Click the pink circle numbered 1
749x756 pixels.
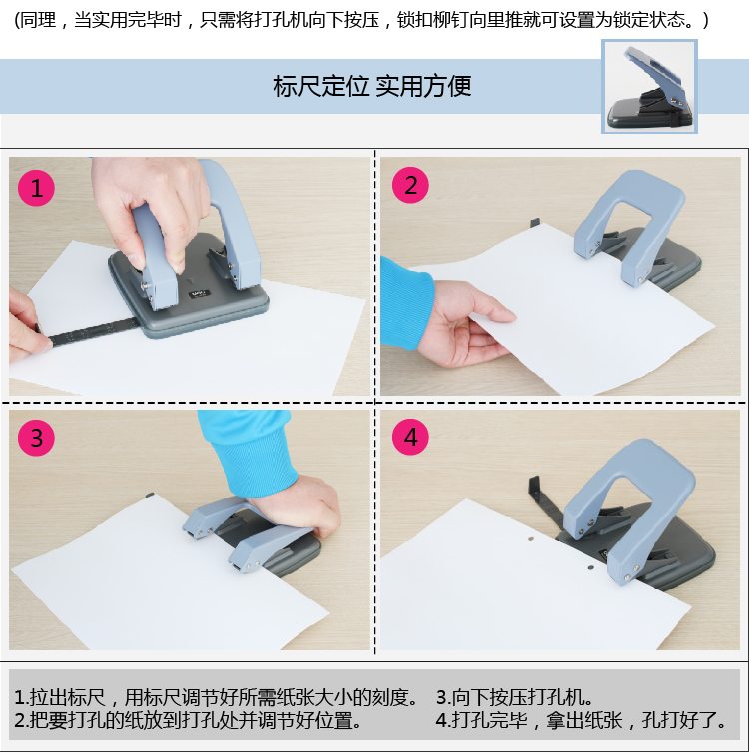click(36, 188)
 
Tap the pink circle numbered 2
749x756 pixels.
click(410, 185)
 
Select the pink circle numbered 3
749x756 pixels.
click(36, 438)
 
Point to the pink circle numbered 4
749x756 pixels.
click(410, 437)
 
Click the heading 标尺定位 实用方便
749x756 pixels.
click(373, 86)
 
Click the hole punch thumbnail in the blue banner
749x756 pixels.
click(649, 86)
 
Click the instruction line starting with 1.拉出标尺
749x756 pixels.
click(217, 697)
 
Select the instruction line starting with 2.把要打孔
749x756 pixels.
click(188, 720)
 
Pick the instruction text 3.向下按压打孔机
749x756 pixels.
click(514, 697)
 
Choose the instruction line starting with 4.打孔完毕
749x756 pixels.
click(581, 720)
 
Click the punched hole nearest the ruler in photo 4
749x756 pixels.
click(531, 539)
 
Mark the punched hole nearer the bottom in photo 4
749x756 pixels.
click(590, 567)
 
